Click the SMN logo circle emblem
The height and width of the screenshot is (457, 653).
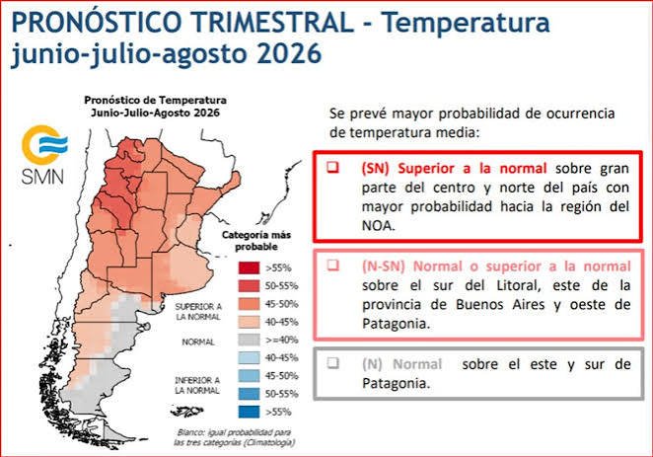[44, 144]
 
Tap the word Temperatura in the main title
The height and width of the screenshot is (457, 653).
[466, 22]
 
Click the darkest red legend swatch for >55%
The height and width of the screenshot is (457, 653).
[249, 267]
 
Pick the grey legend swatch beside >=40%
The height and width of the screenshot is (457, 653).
[249, 340]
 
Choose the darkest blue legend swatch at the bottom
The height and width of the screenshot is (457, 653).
[249, 412]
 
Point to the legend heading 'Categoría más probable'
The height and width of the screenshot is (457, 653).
[256, 241]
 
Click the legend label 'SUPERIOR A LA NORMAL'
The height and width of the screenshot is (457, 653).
[198, 312]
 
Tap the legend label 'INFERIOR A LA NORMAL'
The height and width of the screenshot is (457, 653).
[197, 385]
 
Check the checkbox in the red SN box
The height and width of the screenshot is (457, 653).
[332, 168]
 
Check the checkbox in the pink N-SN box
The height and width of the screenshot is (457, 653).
[332, 265]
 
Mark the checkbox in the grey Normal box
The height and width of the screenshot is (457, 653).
[332, 363]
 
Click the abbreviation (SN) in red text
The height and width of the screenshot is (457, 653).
[375, 169]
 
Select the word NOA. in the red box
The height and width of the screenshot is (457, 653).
[378, 226]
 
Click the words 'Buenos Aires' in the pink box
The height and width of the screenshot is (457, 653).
[500, 305]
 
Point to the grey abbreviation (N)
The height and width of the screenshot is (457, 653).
[372, 364]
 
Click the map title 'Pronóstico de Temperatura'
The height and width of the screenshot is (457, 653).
[155, 101]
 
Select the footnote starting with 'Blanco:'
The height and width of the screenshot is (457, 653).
[234, 437]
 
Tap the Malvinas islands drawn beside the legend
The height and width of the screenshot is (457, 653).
[187, 412]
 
